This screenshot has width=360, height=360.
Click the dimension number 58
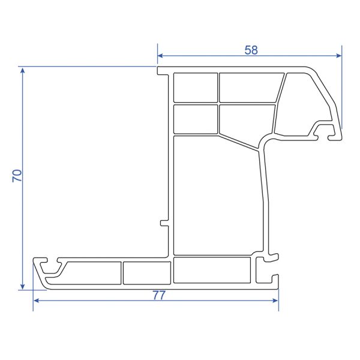[251, 50]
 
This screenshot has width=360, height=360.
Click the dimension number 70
[17, 176]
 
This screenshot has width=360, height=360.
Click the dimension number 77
[159, 295]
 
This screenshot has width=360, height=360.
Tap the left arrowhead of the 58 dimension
[160, 56]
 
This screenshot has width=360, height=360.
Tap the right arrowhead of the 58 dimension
[339, 56]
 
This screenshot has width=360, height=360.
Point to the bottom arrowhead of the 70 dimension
[23, 287]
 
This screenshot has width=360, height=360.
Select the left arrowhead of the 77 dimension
[36, 301]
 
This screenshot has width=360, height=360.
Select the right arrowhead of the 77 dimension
[275, 301]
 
